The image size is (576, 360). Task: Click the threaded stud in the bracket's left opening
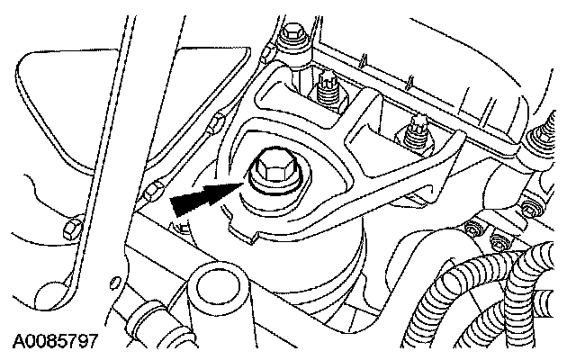pyautogui.click(x=328, y=88)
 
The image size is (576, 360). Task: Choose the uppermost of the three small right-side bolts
pyautogui.click(x=530, y=208)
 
